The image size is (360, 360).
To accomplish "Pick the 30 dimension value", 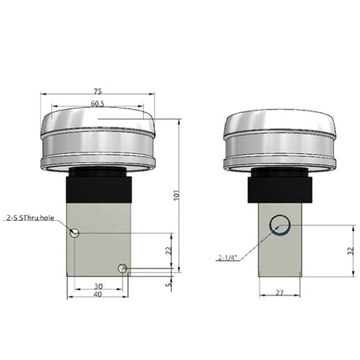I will [98, 285].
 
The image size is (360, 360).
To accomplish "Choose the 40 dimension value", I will [98, 296].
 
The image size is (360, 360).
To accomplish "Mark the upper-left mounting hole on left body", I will [75, 232].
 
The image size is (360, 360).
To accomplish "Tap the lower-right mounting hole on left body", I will [122, 268].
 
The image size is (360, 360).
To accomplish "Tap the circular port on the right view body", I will [279, 226].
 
